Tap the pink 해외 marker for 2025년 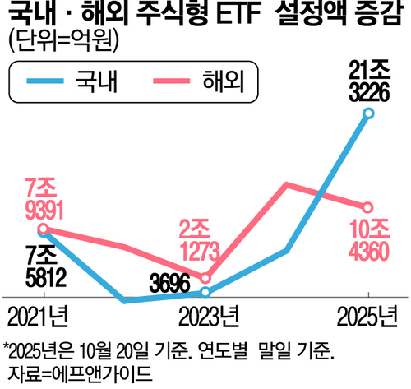(x=368, y=206)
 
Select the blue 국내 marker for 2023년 (x=205, y=292)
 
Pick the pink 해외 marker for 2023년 (x=205, y=277)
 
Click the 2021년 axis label (x=39, y=317)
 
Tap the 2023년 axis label (x=205, y=317)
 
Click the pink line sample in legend (x=171, y=81)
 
